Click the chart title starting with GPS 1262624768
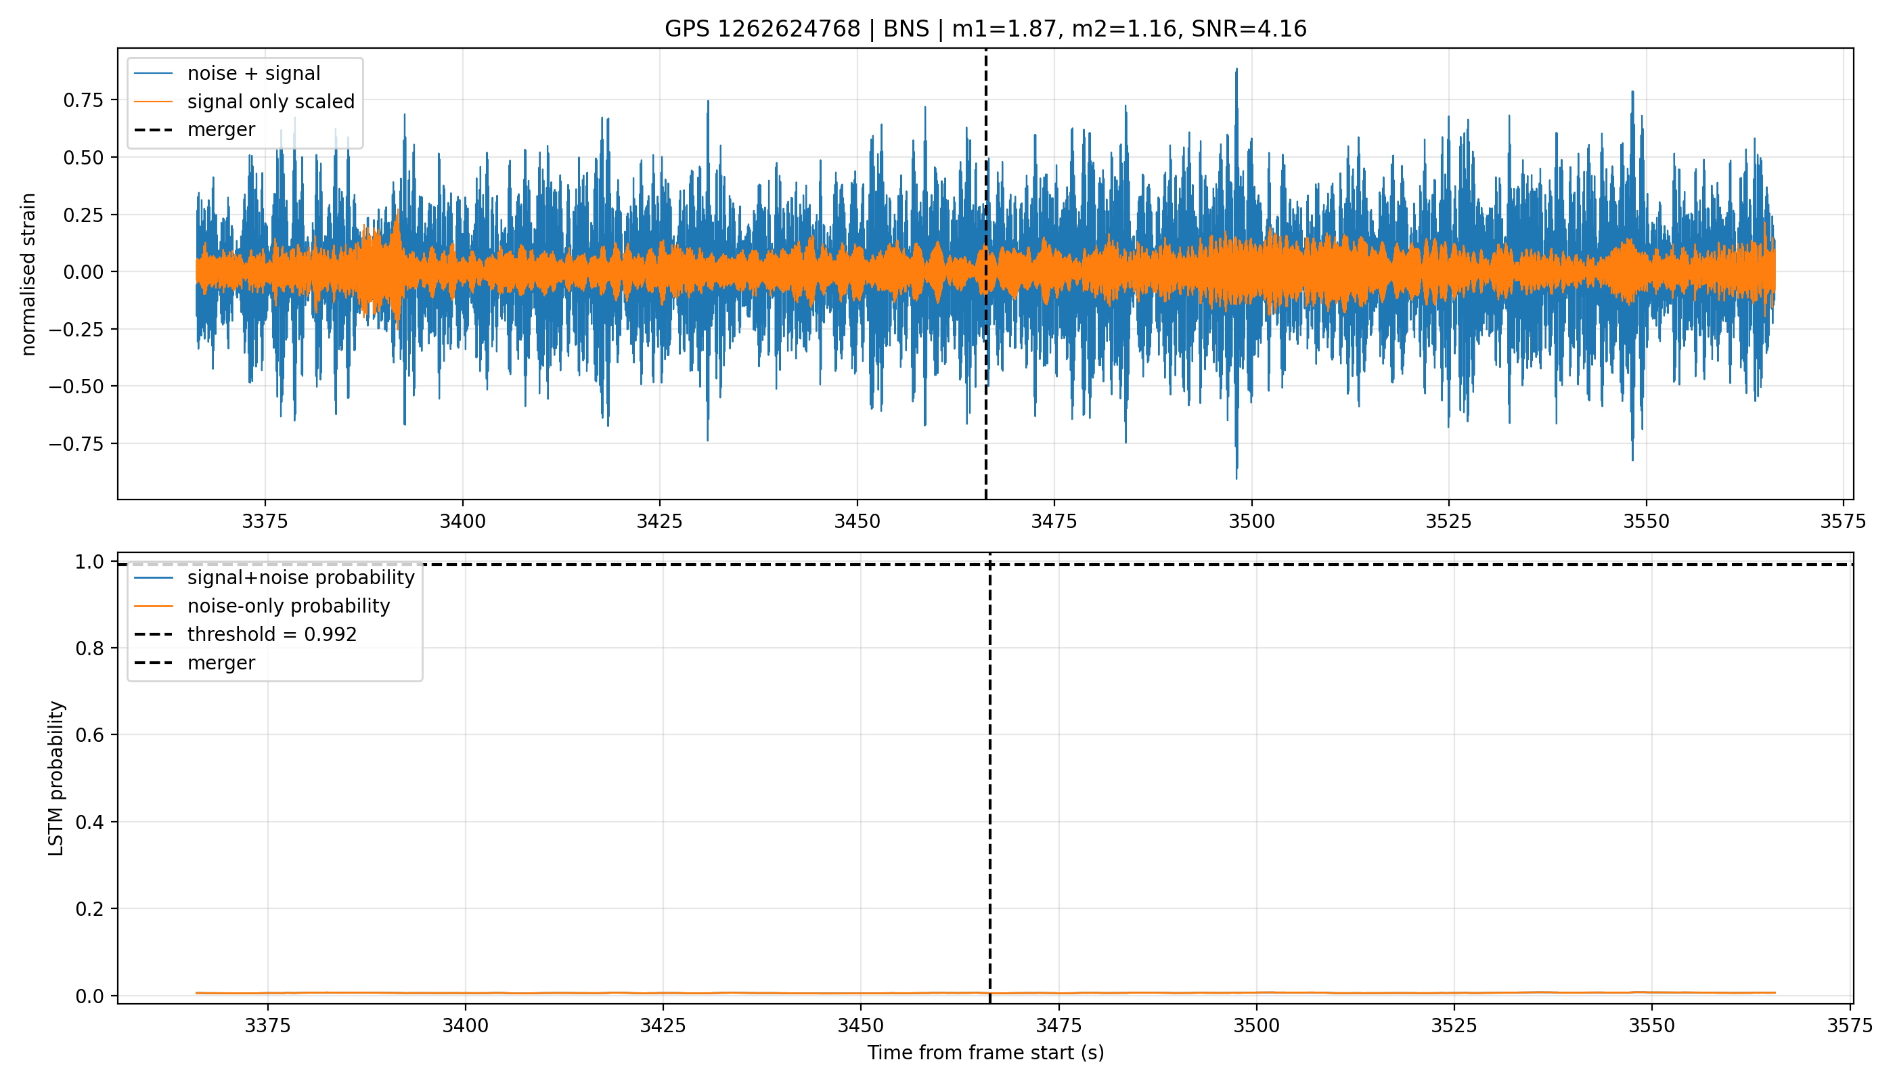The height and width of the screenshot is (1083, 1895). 985,28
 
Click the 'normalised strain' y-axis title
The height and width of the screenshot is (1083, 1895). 28,274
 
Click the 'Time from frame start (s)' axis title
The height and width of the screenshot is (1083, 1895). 985,1053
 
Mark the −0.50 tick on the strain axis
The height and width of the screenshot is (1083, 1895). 78,386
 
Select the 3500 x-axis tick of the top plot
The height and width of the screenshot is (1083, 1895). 1251,521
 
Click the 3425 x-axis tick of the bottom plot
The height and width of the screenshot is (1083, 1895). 663,1025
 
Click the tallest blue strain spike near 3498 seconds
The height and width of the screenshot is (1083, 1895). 1236,69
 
